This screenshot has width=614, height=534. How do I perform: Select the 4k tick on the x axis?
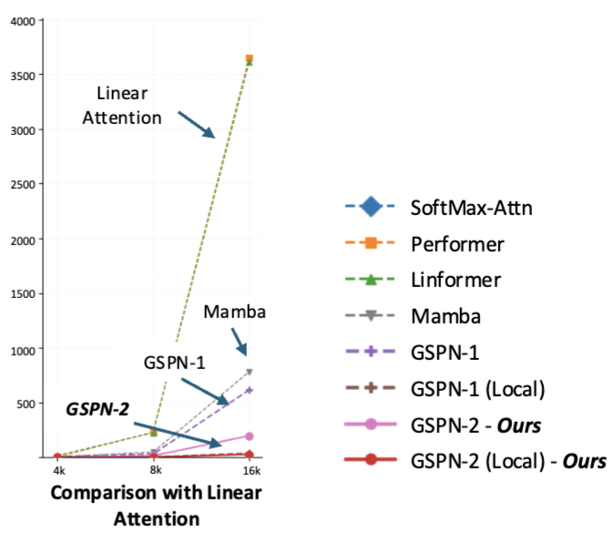click(x=57, y=470)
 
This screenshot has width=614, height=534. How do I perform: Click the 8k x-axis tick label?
click(x=154, y=470)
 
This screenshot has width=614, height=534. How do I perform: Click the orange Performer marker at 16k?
click(x=250, y=58)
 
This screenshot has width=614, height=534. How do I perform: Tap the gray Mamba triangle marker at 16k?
click(x=250, y=372)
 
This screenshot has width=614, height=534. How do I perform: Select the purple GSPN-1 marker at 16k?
click(x=250, y=390)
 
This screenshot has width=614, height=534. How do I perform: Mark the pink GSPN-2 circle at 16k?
click(x=250, y=436)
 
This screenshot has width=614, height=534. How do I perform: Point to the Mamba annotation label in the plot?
click(x=235, y=313)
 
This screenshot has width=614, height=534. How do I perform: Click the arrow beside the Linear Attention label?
click(x=196, y=126)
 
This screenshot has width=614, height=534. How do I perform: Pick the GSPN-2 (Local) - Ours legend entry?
click(x=508, y=460)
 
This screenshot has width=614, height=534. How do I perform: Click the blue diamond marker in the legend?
click(x=370, y=209)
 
